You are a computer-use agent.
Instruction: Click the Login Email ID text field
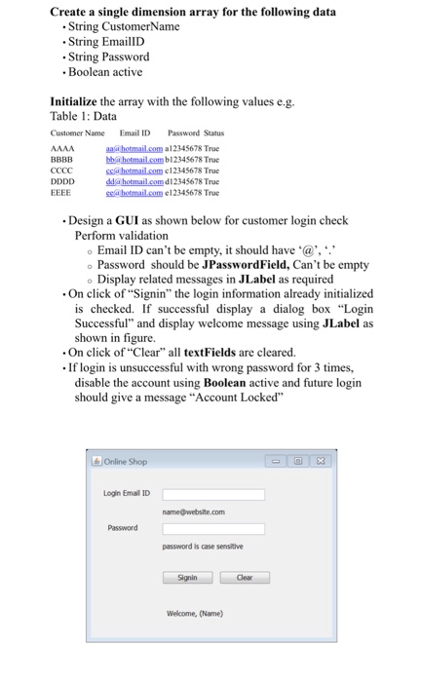(213, 494)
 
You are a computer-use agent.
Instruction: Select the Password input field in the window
(213, 529)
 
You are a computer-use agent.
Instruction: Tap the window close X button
(320, 461)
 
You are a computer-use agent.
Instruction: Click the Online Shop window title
(123, 461)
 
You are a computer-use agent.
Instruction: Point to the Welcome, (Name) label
(196, 613)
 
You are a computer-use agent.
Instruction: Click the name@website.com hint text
(194, 511)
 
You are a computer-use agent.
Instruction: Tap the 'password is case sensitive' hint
(203, 547)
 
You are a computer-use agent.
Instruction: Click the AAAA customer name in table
(60, 148)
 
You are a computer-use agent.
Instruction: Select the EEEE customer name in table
(60, 192)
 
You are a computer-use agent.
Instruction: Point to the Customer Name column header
(77, 133)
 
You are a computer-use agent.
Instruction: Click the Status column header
(212, 133)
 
